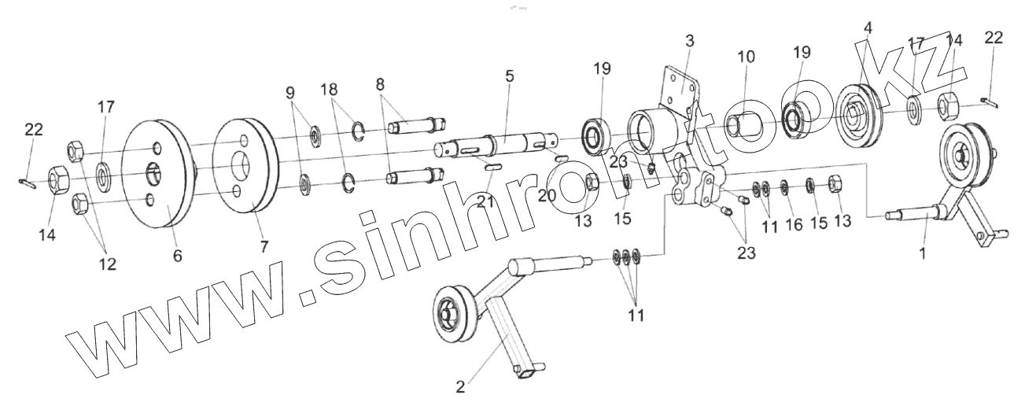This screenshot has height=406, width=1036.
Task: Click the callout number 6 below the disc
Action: coord(178,256)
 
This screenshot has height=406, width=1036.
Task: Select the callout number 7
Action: coord(264,246)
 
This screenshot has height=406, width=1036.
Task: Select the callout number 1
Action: coord(924,254)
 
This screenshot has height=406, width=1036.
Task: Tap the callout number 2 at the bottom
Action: coord(460,386)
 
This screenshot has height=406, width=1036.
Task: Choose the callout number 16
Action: coord(794,225)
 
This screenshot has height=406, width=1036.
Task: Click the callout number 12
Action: coord(107,264)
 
